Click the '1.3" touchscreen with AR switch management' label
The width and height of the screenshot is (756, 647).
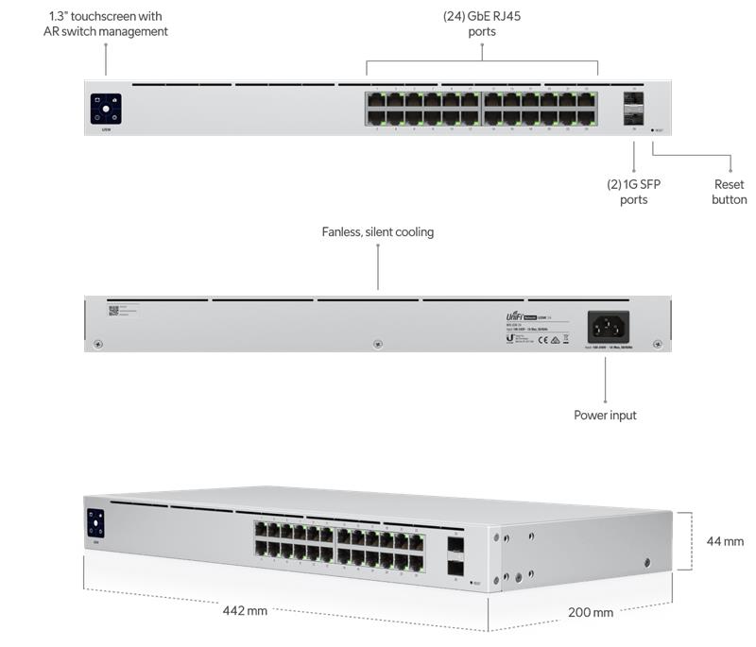[105, 24]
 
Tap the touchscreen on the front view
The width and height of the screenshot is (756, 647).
[106, 109]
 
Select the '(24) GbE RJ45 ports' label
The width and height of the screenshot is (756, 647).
[481, 24]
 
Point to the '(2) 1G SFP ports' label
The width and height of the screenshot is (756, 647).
[633, 192]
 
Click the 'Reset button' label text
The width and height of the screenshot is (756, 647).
[730, 192]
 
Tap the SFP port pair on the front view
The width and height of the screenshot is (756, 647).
[632, 108]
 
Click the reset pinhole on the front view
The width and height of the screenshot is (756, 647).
[651, 130]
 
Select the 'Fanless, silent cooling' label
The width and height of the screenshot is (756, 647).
[377, 231]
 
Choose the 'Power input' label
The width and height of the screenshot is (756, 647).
[605, 415]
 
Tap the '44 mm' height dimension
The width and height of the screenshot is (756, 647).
[725, 541]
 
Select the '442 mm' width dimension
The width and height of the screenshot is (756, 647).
[245, 610]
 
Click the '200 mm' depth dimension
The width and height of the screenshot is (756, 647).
[590, 612]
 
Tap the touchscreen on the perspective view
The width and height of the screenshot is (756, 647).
[95, 523]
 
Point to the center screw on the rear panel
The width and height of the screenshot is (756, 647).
[377, 343]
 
